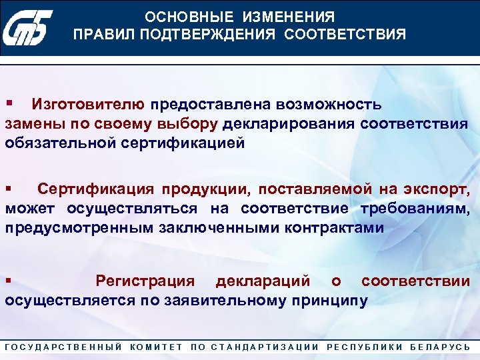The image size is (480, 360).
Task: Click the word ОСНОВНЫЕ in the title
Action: (183, 17)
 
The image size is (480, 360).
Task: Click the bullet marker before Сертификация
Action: (9, 189)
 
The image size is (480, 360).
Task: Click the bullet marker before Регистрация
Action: (9, 281)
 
